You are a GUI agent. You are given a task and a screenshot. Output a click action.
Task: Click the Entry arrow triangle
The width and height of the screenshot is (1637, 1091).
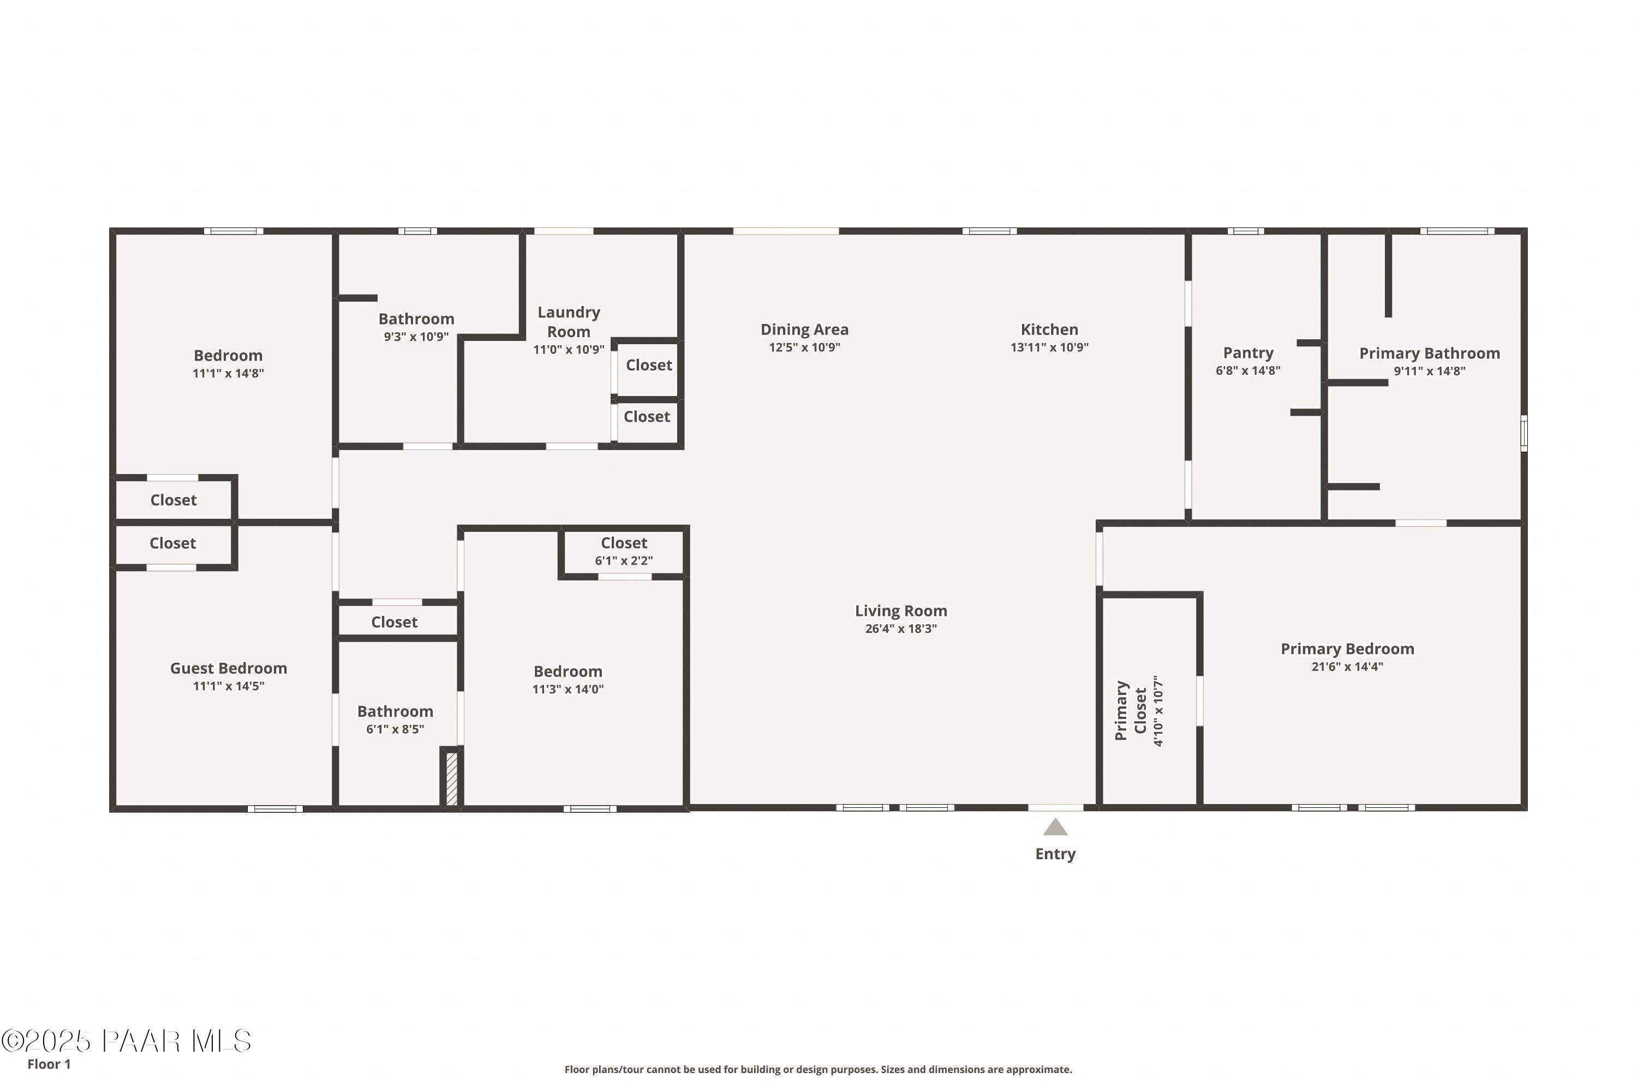1055,828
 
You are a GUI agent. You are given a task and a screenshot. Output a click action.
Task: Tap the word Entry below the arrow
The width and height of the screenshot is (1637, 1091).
1055,854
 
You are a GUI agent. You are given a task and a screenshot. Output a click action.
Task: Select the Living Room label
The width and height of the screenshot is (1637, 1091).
901,611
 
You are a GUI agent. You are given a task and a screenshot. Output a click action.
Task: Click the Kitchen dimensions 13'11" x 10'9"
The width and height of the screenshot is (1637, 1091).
1049,347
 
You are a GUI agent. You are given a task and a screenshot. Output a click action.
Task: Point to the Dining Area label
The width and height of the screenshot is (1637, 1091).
804,330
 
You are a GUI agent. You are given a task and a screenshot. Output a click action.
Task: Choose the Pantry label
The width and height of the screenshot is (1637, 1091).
1248,353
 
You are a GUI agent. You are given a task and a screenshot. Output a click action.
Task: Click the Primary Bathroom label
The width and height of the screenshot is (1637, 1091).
1430,353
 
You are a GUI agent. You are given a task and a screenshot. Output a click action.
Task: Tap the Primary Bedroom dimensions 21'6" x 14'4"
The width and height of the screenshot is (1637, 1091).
1347,667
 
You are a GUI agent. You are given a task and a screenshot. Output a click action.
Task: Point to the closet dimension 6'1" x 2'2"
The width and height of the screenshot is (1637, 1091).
624,561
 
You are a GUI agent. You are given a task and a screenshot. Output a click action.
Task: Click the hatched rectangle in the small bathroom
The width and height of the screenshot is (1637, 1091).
452,778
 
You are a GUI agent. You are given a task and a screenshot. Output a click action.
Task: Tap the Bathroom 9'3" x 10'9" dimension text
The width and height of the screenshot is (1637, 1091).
416,337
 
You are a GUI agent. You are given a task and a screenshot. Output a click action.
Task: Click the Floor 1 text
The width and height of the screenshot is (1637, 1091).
49,1064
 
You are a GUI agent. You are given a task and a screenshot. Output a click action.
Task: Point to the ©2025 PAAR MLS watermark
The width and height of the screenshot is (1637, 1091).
126,1041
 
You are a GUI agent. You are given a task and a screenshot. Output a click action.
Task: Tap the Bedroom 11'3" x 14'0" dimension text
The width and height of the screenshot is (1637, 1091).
568,690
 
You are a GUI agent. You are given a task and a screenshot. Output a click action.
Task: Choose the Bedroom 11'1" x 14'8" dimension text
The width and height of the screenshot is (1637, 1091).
228,374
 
